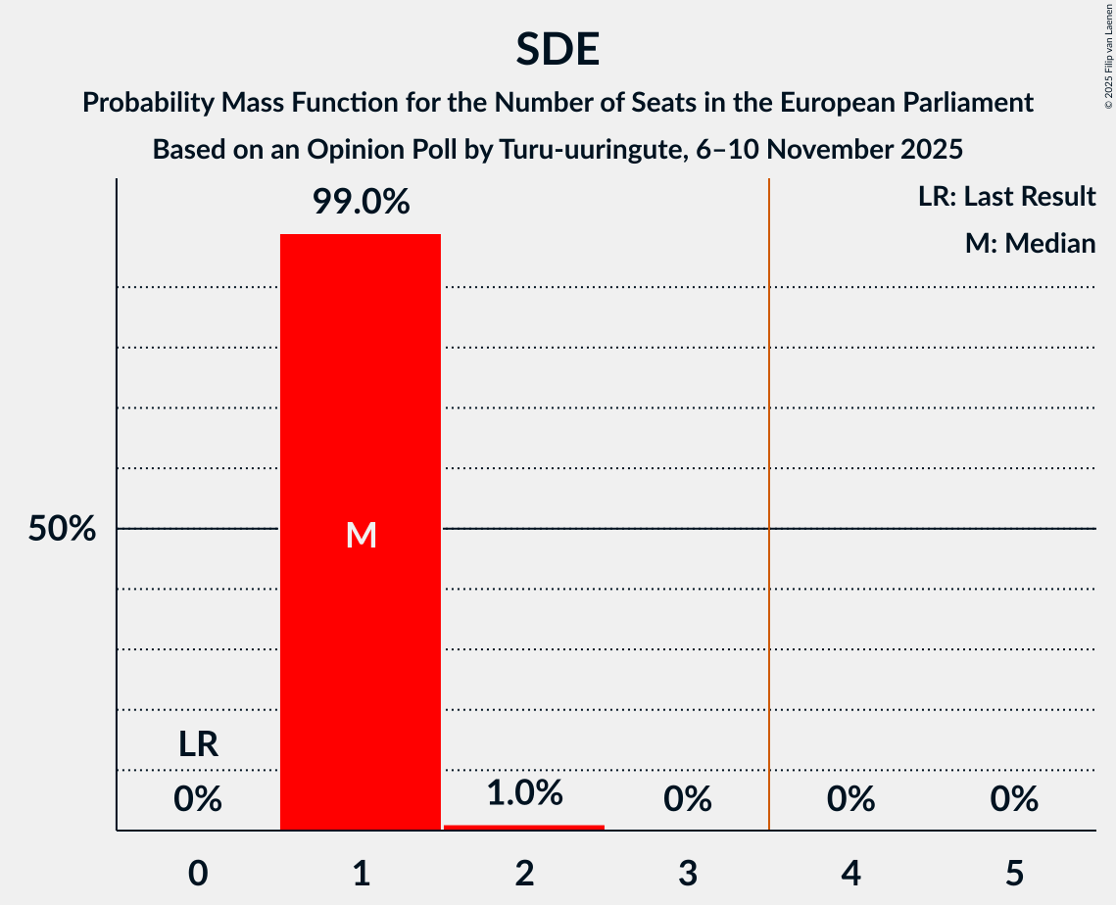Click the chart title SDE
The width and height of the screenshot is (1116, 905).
558,49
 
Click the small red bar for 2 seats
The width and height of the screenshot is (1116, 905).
524,828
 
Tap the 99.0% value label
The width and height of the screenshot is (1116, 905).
361,203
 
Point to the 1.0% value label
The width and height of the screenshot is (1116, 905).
524,793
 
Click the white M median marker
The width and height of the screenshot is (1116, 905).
361,535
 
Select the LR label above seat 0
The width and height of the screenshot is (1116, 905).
198,745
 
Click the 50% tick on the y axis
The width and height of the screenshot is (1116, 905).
62,529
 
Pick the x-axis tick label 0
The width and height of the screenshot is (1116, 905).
198,873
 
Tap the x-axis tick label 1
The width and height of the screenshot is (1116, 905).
361,873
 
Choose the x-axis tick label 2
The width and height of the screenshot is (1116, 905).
524,873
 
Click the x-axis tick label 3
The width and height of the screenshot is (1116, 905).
688,873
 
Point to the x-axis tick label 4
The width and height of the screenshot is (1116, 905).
850,873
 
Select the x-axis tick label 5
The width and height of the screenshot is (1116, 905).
1014,873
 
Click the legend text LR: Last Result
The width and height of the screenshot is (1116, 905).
1006,197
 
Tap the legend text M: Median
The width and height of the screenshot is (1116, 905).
1030,243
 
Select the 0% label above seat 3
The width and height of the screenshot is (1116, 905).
688,800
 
